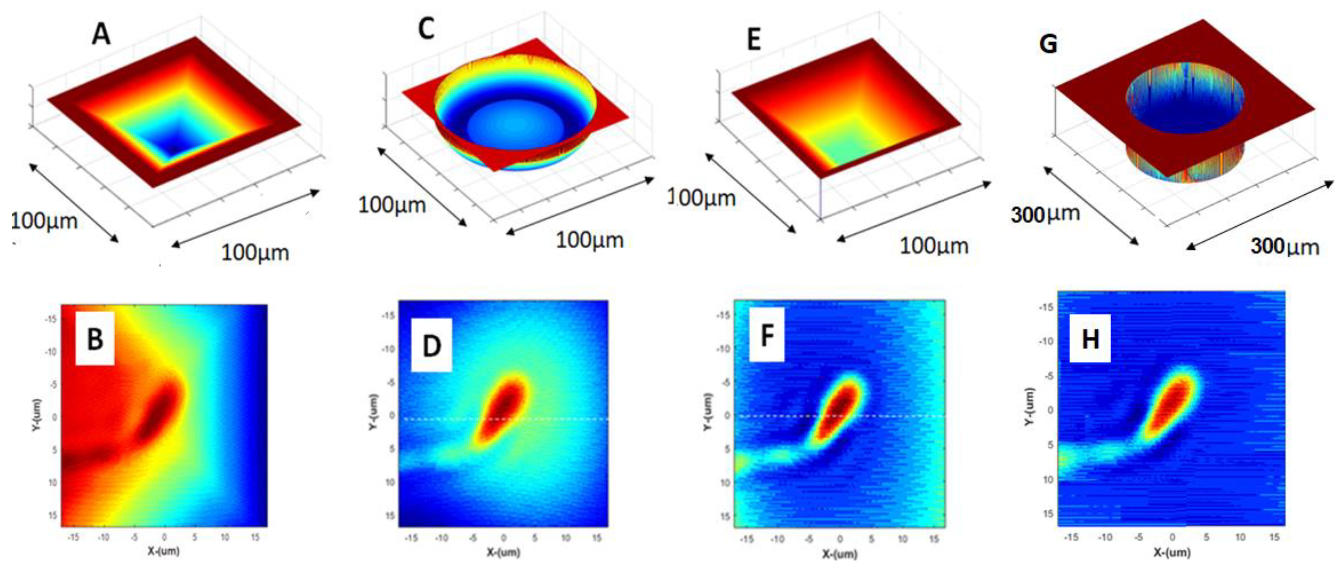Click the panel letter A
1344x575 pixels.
[101, 35]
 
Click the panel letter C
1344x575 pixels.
[426, 29]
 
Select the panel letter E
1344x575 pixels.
[754, 40]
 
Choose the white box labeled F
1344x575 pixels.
[766, 335]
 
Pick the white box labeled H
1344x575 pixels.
[1090, 339]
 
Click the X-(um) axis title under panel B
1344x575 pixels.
[163, 551]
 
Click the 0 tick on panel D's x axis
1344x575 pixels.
[504, 537]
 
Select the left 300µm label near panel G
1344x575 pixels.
[1045, 214]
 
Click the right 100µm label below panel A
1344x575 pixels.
[255, 253]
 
